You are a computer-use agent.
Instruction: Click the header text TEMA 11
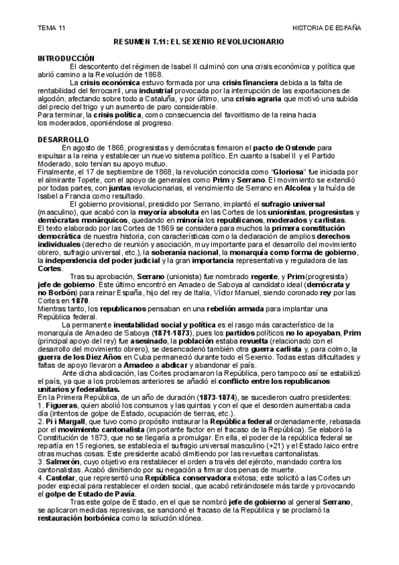tap(52, 27)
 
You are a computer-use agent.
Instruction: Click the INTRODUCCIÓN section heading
tap(68, 58)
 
